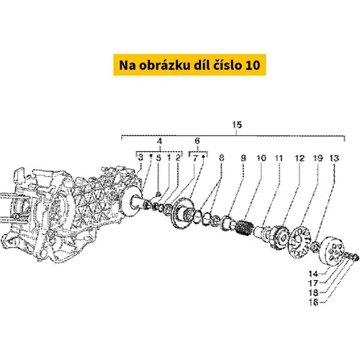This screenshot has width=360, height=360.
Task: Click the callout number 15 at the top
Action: pos(237,125)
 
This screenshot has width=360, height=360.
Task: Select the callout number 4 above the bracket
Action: pos(160,141)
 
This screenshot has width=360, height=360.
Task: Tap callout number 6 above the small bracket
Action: pos(197,141)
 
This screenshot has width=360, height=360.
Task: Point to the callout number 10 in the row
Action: pos(261,158)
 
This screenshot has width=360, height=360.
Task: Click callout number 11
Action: pos(279,158)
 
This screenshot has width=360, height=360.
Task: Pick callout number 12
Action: pos(300,158)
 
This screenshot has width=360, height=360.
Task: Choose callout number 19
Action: pos(318,158)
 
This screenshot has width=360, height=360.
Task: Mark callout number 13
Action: pos(334,158)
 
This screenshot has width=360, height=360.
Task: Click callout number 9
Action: pos(243,158)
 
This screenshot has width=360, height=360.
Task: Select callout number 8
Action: pos(221,158)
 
